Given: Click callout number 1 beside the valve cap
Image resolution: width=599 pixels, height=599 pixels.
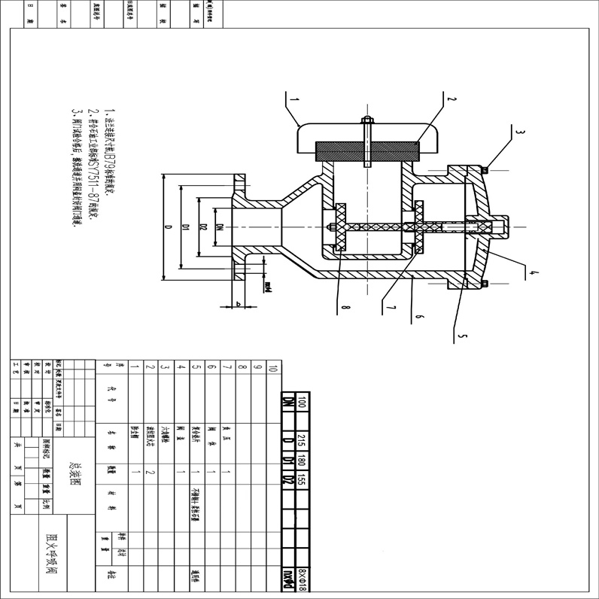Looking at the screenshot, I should coord(294,98).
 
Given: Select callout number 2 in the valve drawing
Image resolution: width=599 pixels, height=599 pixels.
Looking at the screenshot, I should coord(452,99).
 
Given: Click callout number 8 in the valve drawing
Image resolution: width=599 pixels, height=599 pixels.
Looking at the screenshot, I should coord(340,307).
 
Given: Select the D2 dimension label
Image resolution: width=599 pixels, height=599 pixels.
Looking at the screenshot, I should coord(203,227).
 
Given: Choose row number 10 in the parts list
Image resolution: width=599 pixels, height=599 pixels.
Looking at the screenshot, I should coord(272,369).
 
